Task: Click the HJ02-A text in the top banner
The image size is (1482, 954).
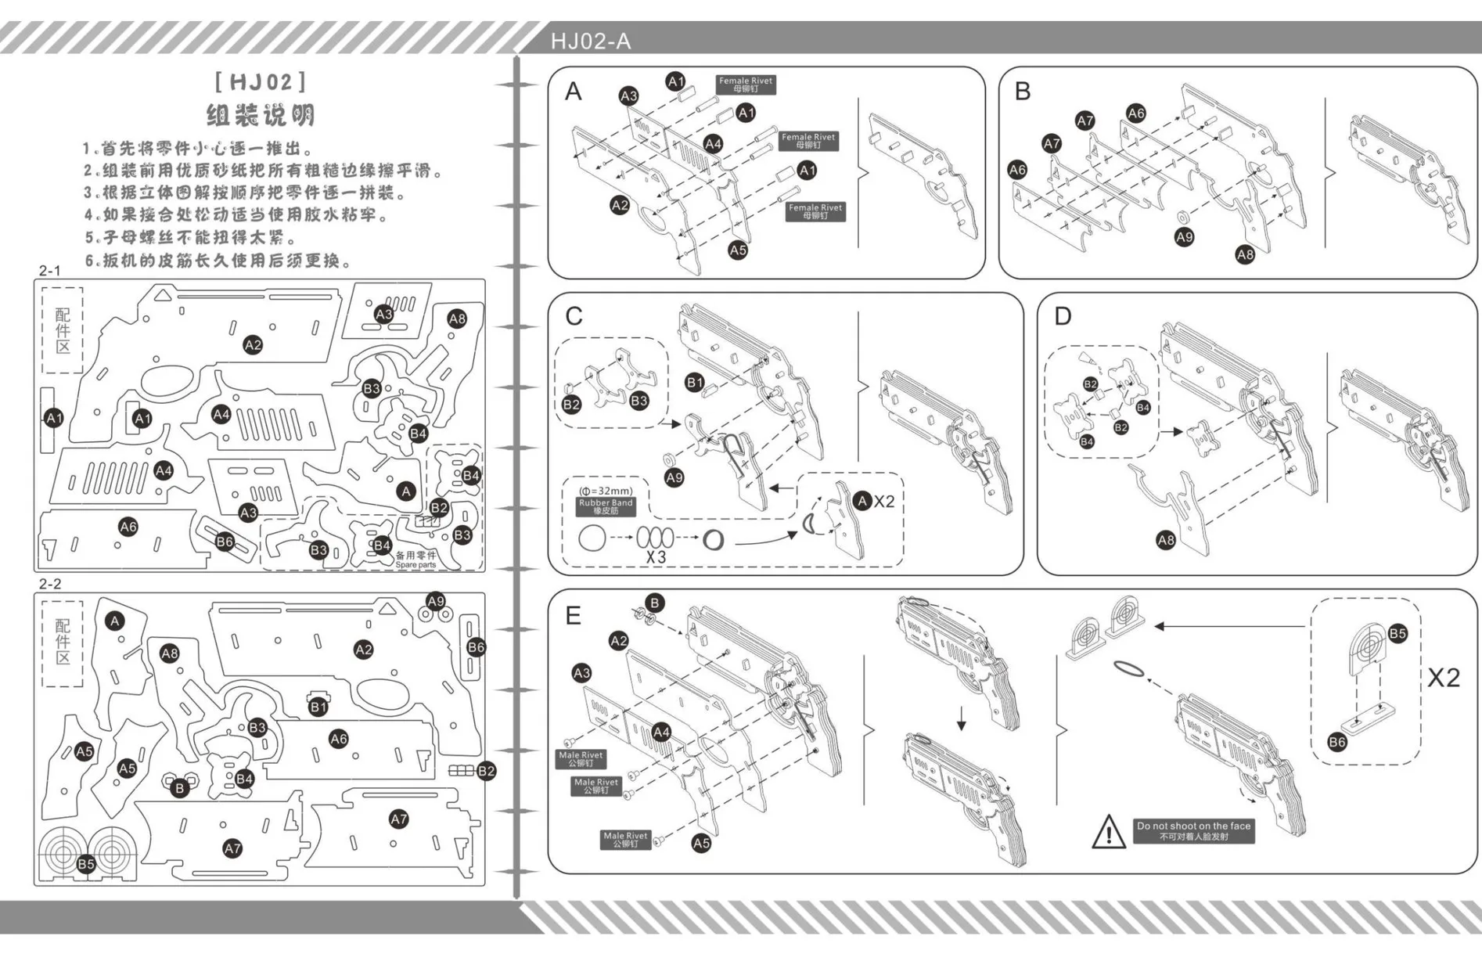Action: [590, 41]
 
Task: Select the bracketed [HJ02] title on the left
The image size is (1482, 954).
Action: [261, 82]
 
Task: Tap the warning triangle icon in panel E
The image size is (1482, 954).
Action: [1108, 832]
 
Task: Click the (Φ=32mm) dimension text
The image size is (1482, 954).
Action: [606, 491]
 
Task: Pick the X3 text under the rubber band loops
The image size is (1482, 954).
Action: [656, 557]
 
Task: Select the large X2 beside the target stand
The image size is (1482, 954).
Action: [1443, 677]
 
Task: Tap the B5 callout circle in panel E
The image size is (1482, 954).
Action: [1397, 633]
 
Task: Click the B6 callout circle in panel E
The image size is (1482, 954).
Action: [1337, 742]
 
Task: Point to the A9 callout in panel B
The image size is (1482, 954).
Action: [1184, 237]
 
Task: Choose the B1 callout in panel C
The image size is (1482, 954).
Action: [694, 383]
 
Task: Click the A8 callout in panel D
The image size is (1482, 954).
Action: [1166, 540]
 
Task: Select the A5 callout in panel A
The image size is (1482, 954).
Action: [738, 250]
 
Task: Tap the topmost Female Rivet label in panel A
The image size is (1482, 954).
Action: [746, 85]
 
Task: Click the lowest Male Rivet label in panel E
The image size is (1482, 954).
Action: [625, 840]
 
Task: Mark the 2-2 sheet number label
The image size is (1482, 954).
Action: [50, 584]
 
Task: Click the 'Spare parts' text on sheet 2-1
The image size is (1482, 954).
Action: [415, 564]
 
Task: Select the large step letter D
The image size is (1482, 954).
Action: [1063, 316]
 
